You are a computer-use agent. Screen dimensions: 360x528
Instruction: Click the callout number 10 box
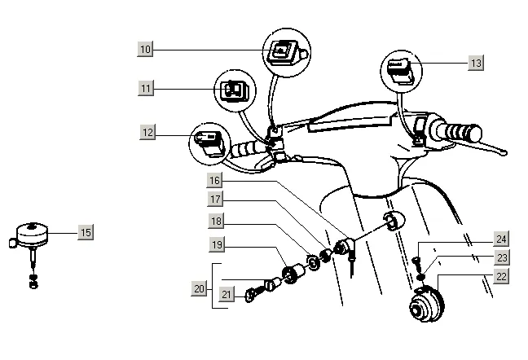click(x=146, y=50)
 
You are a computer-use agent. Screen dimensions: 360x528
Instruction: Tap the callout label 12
click(x=147, y=133)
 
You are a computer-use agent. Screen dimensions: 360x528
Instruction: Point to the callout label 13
click(x=476, y=63)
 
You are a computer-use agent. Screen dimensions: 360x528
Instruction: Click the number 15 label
click(x=85, y=232)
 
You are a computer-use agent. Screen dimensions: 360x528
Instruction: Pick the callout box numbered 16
click(x=213, y=180)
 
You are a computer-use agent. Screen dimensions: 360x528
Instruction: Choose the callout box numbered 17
click(x=213, y=199)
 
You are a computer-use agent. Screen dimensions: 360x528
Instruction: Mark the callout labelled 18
click(x=213, y=221)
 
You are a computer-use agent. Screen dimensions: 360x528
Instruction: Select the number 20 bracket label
click(x=199, y=288)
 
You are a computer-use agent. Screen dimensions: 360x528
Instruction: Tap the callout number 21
click(x=227, y=294)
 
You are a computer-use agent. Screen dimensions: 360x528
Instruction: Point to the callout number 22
click(x=500, y=276)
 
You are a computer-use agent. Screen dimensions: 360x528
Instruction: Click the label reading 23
click(x=500, y=257)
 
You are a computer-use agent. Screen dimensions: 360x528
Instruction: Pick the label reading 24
click(x=500, y=239)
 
